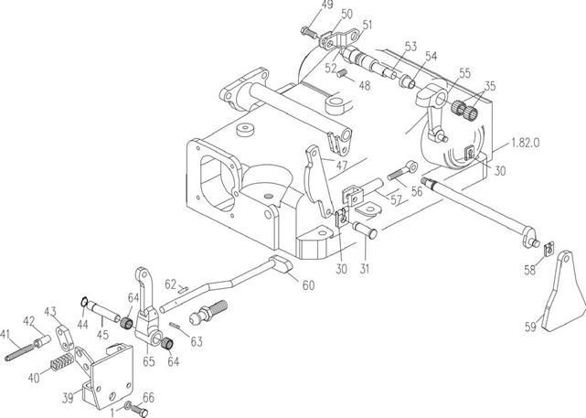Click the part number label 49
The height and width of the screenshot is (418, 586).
tap(301, 6)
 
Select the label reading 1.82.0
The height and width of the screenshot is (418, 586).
tap(531, 144)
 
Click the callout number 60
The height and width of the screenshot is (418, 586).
tap(308, 285)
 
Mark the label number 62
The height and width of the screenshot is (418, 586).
tap(170, 285)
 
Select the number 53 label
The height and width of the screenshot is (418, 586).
tap(410, 46)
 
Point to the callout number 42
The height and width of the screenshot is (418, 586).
tap(28, 321)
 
